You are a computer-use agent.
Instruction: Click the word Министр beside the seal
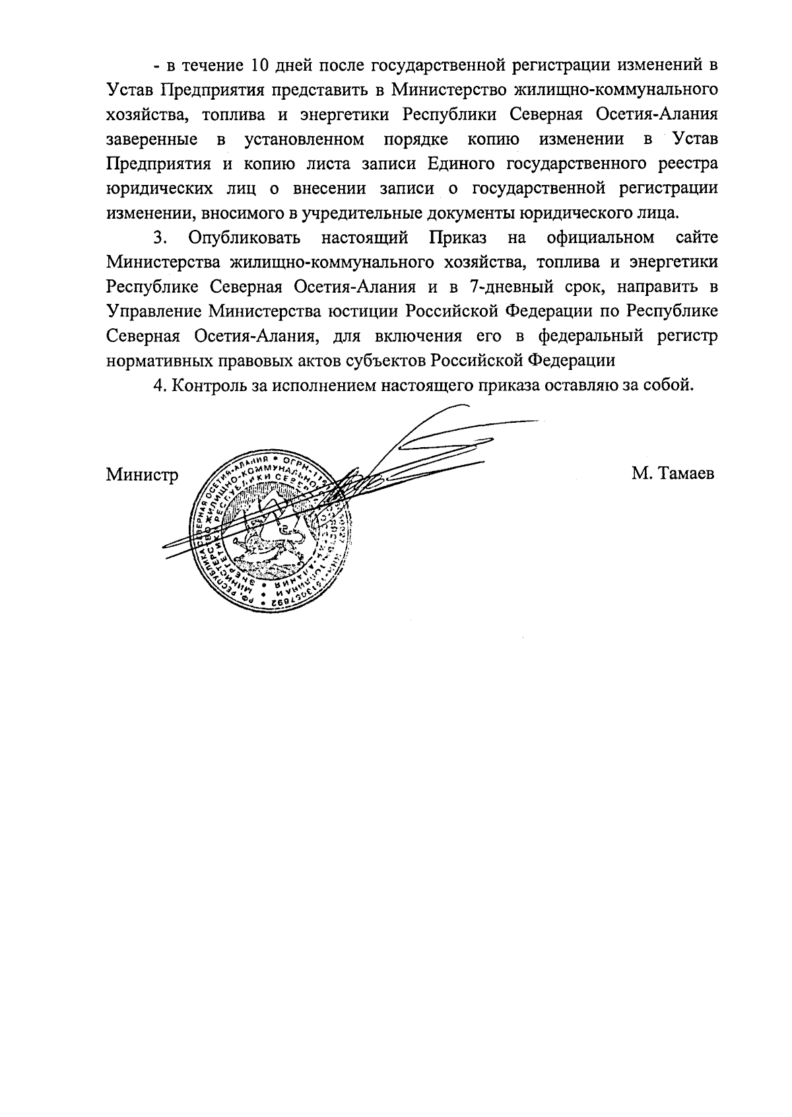click(x=142, y=475)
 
